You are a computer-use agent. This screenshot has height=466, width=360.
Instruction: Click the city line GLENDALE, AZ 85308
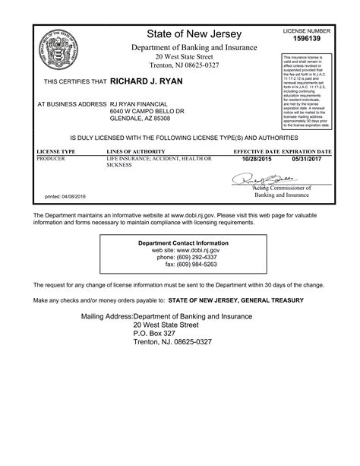pos(140,119)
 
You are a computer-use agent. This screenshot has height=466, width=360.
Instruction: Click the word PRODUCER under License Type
pos(52,158)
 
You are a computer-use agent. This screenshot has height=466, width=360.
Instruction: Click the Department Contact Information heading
pos(182,243)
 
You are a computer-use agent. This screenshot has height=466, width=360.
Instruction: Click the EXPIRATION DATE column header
pos(307,152)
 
